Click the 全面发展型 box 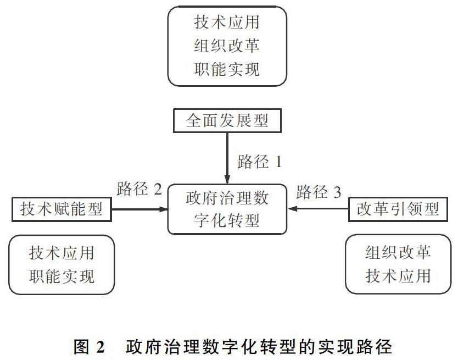pyautogui.click(x=227, y=120)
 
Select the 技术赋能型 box pyautogui.click(x=62, y=209)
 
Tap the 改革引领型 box pyautogui.click(x=398, y=209)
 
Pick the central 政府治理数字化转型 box pyautogui.click(x=227, y=209)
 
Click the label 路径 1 pyautogui.click(x=260, y=162)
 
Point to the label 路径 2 pyautogui.click(x=139, y=189)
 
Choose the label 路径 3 pyautogui.click(x=319, y=192)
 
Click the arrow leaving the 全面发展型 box pyautogui.click(x=227, y=158)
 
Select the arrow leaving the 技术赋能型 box pyautogui.click(x=139, y=209)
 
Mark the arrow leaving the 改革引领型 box pyautogui.click(x=318, y=209)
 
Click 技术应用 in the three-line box pyautogui.click(x=227, y=22)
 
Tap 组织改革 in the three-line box pyautogui.click(x=227, y=46)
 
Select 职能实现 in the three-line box pyautogui.click(x=227, y=69)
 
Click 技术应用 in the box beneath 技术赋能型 pyautogui.click(x=62, y=253)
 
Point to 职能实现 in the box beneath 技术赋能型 pyautogui.click(x=62, y=276)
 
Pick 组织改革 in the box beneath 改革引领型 pyautogui.click(x=398, y=252)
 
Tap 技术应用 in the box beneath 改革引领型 pyautogui.click(x=398, y=276)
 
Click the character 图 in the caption pyautogui.click(x=81, y=347)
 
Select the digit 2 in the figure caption pyautogui.click(x=99, y=347)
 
